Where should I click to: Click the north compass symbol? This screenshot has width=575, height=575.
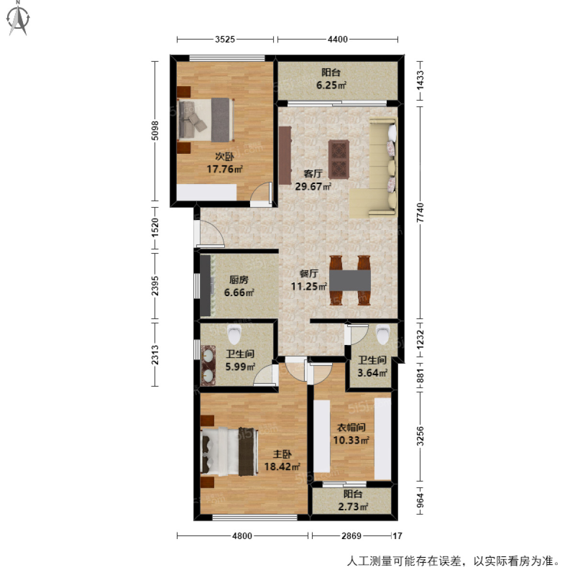click(x=19, y=19)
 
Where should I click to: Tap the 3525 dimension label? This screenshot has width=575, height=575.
click(x=225, y=39)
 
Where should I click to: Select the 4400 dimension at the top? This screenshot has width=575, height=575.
click(x=337, y=39)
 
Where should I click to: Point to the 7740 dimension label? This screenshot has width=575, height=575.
click(x=420, y=212)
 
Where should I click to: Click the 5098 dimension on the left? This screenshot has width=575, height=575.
click(x=155, y=130)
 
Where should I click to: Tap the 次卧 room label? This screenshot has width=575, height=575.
click(x=224, y=156)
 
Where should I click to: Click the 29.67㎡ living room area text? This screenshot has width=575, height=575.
click(x=313, y=186)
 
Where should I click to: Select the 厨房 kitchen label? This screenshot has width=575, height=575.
click(x=239, y=279)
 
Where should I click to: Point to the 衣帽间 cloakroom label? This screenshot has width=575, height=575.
click(x=351, y=427)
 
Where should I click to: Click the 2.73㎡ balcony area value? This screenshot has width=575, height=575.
click(x=353, y=506)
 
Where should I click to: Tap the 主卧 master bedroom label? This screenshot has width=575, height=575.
click(x=282, y=454)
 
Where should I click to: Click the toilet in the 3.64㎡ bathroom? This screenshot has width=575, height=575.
click(x=383, y=334)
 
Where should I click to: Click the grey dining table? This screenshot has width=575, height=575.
click(x=350, y=280)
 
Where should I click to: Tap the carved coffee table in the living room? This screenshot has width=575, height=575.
click(x=339, y=160)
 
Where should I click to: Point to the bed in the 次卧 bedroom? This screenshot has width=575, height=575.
click(x=206, y=120)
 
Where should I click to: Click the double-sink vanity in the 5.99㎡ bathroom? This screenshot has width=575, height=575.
click(x=208, y=366)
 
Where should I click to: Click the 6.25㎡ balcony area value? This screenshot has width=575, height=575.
click(x=331, y=85)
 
